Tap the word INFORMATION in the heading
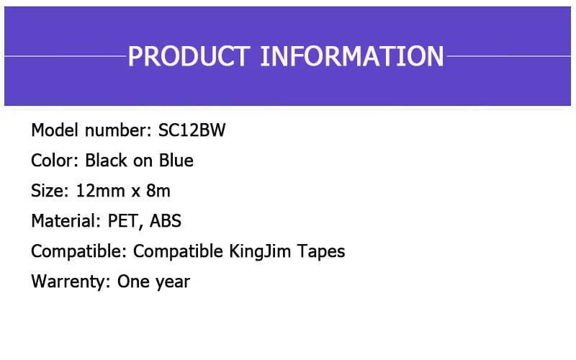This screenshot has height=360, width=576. pos(351,56)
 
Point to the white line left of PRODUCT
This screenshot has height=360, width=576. pos(65,55)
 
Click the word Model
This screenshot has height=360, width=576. pos(55,130)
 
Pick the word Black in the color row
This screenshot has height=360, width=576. pos(107,161)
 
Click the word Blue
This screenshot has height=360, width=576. pos(176,161)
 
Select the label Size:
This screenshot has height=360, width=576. pos(50,191)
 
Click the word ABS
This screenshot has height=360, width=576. pos(166,221)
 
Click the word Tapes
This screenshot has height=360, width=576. pos(323,251)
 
